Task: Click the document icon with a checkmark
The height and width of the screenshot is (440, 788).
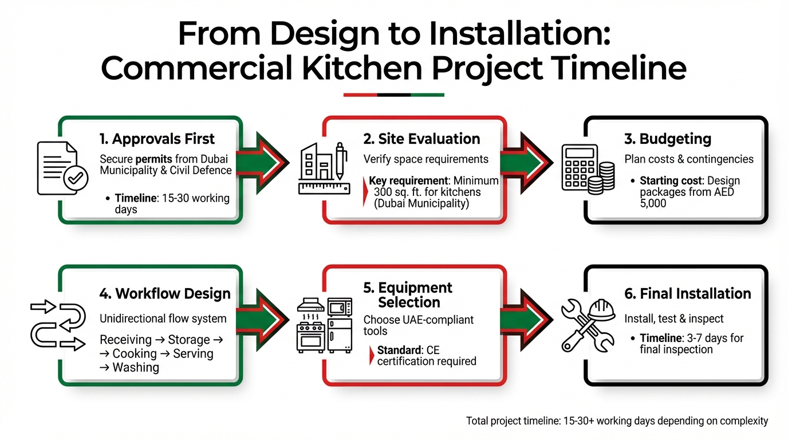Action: point(61,168)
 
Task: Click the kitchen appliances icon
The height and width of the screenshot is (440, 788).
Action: point(324,325)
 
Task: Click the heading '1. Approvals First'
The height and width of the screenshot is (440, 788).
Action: point(156,139)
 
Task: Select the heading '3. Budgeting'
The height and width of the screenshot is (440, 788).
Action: point(667,139)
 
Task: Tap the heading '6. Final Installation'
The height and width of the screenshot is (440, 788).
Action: point(688,294)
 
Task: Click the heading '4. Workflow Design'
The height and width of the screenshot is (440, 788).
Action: point(165,294)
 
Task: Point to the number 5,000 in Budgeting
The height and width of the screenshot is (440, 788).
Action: point(653,203)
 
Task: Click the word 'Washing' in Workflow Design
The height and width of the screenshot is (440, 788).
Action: point(136,367)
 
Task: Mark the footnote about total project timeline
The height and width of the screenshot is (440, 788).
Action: point(617,421)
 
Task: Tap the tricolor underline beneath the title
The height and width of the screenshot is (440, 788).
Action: point(393,95)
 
